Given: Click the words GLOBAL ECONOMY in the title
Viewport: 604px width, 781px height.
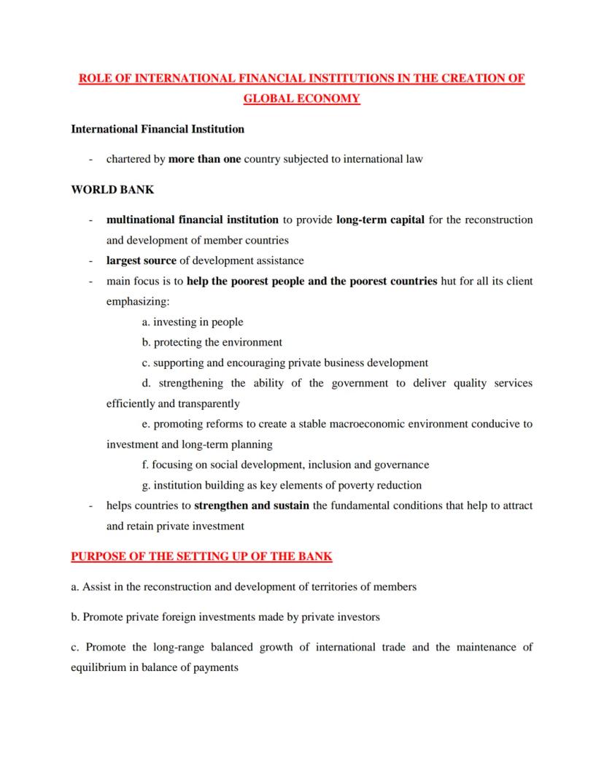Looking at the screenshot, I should click(301, 98).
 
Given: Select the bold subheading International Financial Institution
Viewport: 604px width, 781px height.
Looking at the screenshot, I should click(158, 129).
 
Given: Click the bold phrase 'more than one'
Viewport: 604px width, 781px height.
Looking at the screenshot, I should click(204, 159).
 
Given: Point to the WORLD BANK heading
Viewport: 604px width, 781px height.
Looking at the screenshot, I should click(112, 190).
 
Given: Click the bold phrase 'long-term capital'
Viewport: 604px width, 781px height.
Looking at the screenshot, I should click(380, 219).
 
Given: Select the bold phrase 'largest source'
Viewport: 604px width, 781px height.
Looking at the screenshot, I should click(142, 260).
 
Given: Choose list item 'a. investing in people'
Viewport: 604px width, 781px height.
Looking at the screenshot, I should click(193, 322).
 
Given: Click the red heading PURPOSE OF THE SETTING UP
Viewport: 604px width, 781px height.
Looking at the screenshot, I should click(201, 556).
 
